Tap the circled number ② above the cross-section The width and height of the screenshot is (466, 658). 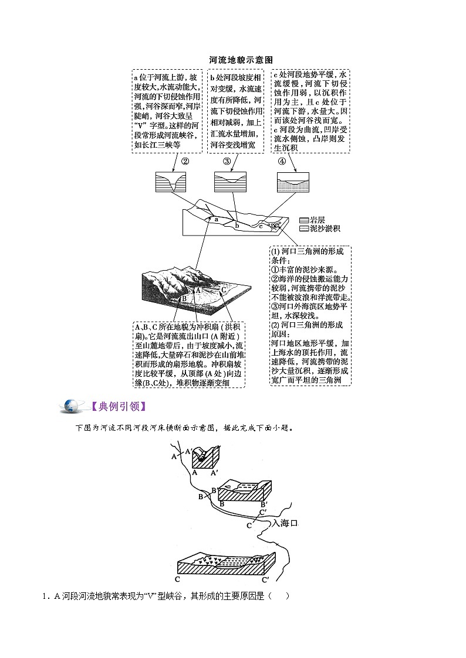click(184, 162)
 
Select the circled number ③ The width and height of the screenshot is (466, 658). click(227, 162)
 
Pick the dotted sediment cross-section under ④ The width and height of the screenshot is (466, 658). click(293, 182)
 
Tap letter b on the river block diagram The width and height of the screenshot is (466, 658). click(237, 224)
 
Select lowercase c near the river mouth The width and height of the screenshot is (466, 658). click(261, 226)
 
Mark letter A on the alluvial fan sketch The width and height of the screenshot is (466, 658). click(198, 289)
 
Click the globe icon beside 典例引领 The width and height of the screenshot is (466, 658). click(75, 405)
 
